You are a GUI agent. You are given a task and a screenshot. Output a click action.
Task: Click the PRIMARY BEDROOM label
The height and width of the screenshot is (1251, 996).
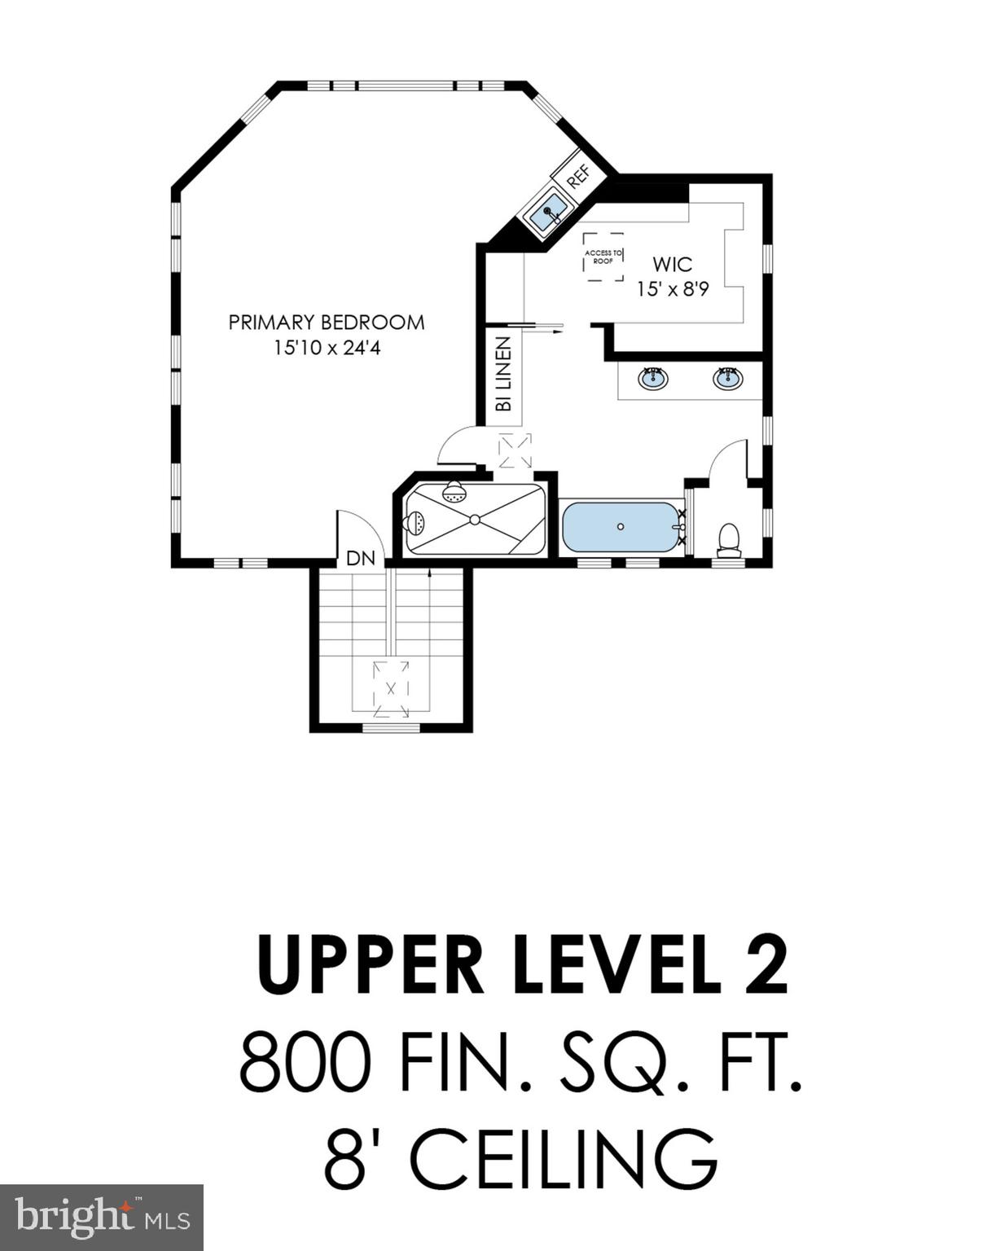click(x=326, y=323)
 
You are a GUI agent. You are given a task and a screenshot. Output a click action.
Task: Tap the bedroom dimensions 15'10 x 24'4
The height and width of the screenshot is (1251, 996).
click(x=326, y=349)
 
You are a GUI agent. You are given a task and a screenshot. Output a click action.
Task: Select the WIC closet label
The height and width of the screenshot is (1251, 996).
click(x=672, y=264)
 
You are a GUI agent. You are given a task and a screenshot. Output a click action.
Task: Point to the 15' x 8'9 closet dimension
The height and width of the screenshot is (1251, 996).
click(x=672, y=289)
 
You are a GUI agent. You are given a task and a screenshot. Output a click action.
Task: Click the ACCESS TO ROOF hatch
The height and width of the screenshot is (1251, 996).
click(x=603, y=257)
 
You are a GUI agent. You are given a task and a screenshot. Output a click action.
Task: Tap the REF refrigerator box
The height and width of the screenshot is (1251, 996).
click(x=577, y=177)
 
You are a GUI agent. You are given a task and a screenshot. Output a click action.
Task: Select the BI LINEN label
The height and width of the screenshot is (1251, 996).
click(x=503, y=374)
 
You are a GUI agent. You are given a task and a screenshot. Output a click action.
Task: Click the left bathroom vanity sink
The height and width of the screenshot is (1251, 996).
click(x=652, y=378)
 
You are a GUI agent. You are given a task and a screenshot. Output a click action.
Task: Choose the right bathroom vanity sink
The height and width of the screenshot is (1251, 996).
click(x=727, y=378)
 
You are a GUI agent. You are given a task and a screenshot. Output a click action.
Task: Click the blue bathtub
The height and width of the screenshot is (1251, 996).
click(x=621, y=527)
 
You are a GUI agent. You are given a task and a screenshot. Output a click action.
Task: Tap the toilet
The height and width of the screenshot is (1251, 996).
click(x=729, y=539)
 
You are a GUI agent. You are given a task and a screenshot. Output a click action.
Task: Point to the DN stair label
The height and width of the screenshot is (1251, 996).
click(x=361, y=559)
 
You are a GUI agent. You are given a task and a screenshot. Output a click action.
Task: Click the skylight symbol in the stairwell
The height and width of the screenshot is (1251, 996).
click(x=391, y=688)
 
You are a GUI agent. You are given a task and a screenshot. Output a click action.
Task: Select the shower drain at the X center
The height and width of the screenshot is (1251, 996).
click(x=474, y=519)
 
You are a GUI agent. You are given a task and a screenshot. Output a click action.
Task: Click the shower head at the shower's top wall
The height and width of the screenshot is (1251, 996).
click(x=454, y=492)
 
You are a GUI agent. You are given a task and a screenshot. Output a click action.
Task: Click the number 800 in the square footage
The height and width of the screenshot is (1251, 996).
click(x=305, y=1063)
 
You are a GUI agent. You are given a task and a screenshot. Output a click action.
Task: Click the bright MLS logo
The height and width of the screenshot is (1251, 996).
click(x=101, y=1217)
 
